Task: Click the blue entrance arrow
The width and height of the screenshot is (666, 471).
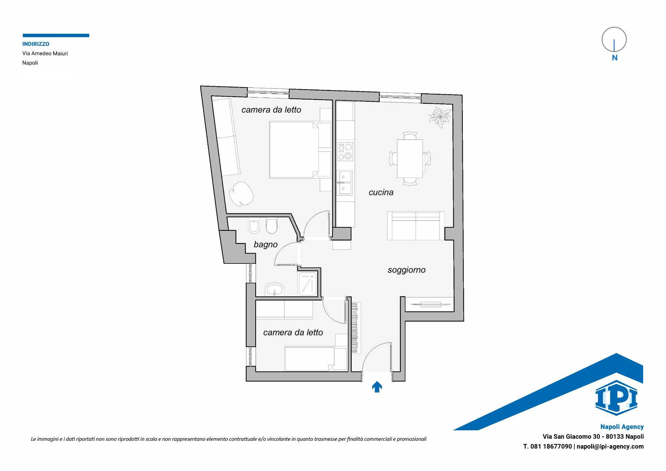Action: point(377,387)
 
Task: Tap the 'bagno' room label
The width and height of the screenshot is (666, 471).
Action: point(266,244)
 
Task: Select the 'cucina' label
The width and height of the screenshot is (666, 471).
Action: point(381,192)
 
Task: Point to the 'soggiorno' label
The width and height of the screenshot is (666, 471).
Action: point(407,270)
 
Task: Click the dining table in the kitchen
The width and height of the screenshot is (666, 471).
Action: point(410,158)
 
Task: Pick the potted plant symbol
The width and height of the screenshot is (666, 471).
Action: point(439,117)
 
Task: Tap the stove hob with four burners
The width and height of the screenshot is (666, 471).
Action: point(345,152)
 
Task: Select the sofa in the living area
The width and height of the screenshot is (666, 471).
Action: point(416,226)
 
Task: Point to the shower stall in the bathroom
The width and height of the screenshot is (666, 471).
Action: point(307,284)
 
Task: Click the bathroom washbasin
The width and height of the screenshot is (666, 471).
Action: point(274,289)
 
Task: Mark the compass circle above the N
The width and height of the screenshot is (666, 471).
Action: point(614,40)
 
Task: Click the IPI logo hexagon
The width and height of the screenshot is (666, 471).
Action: point(616,398)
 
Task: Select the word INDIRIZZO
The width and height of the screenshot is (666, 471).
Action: point(36,44)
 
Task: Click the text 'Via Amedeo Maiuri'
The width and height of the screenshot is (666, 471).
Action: point(45,53)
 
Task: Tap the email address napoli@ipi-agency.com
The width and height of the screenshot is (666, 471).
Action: point(610,447)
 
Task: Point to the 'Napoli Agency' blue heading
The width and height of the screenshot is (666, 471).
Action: point(622,427)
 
